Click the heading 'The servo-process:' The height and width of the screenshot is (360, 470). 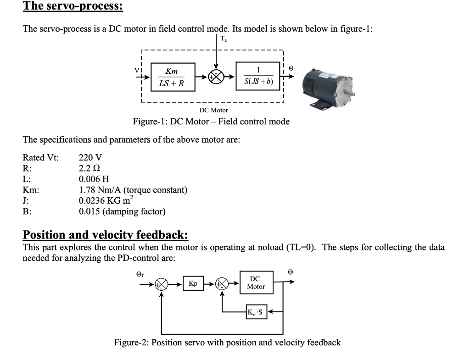tap(73, 6)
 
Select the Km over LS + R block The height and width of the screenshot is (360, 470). tap(172, 77)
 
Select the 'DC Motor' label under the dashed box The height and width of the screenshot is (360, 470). tap(213, 110)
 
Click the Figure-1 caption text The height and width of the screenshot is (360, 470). tap(211, 122)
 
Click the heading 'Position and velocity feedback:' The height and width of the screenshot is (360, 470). tap(106, 235)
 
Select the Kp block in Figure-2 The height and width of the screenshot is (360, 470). tap(193, 283)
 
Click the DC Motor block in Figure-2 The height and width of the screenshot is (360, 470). tap(256, 283)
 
